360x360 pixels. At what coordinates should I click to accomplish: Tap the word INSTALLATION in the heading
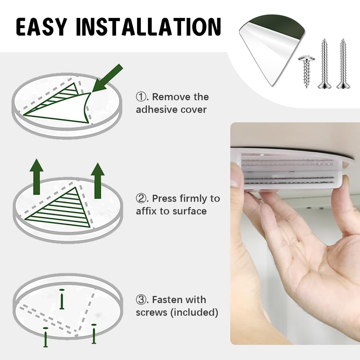148,26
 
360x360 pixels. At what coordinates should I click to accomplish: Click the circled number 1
141,97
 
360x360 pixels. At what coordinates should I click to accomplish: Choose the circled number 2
141,199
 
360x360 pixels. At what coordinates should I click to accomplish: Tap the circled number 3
141,300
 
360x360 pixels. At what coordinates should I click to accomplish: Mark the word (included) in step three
194,313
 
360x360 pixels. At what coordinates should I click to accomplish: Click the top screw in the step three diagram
62,299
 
